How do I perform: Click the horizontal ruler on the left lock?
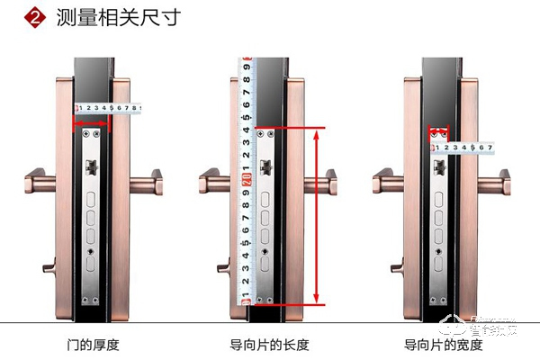[x=108, y=109]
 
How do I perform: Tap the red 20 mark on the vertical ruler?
[x=246, y=180]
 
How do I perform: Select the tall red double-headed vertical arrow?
[x=316, y=216]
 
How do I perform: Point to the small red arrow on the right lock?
[x=440, y=131]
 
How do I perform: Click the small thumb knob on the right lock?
[x=397, y=268]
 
